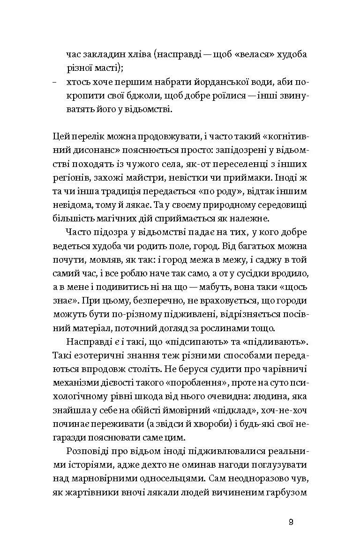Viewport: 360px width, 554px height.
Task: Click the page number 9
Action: coord(291,523)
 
